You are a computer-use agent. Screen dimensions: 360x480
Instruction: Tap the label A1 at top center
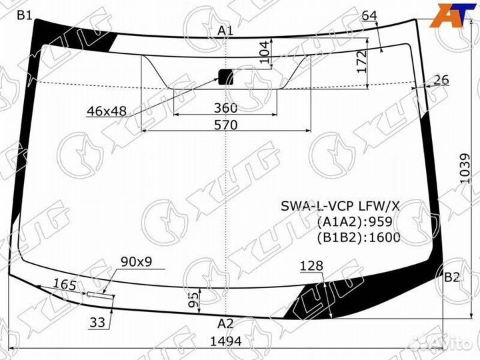tap(225, 30)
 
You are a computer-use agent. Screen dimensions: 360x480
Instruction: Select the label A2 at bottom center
tap(225, 324)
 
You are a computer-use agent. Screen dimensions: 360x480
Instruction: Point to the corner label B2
tap(452, 277)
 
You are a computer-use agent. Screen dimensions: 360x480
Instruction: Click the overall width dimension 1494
tap(225, 342)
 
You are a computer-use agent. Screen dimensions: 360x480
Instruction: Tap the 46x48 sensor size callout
tap(107, 111)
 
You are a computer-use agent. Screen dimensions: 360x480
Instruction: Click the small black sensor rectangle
tap(227, 77)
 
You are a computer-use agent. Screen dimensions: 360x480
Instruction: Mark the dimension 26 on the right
tap(441, 80)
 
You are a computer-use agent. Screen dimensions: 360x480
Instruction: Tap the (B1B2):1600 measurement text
tap(359, 238)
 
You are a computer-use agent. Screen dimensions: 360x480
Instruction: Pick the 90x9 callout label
tap(136, 261)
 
